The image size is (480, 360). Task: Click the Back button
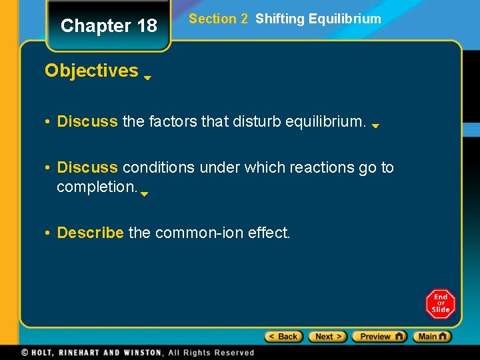pyautogui.click(x=284, y=337)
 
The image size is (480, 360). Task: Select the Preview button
pyautogui.click(x=379, y=337)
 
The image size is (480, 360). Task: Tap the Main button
pyautogui.click(x=432, y=337)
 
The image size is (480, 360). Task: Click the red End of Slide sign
pyautogui.click(x=440, y=304)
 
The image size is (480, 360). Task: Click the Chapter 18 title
pyautogui.click(x=109, y=26)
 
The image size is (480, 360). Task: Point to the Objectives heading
pyautogui.click(x=91, y=71)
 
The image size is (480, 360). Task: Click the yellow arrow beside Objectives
pyautogui.click(x=147, y=77)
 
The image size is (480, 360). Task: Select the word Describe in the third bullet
pyautogui.click(x=90, y=233)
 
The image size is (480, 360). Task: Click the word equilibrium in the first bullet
pyautogui.click(x=326, y=121)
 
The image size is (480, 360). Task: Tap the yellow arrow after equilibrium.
pyautogui.click(x=375, y=125)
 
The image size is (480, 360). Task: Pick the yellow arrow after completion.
pyautogui.click(x=144, y=194)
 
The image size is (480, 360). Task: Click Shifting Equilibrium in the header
pyautogui.click(x=318, y=19)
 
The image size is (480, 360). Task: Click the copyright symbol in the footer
pyautogui.click(x=25, y=352)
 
